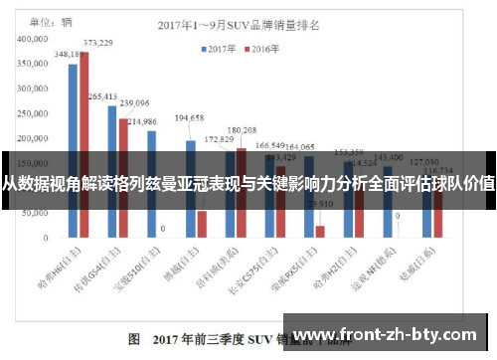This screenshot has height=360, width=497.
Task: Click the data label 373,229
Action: [97, 43]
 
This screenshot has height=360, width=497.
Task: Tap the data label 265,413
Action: [102, 96]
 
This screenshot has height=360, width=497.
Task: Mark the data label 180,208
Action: [242, 130]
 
